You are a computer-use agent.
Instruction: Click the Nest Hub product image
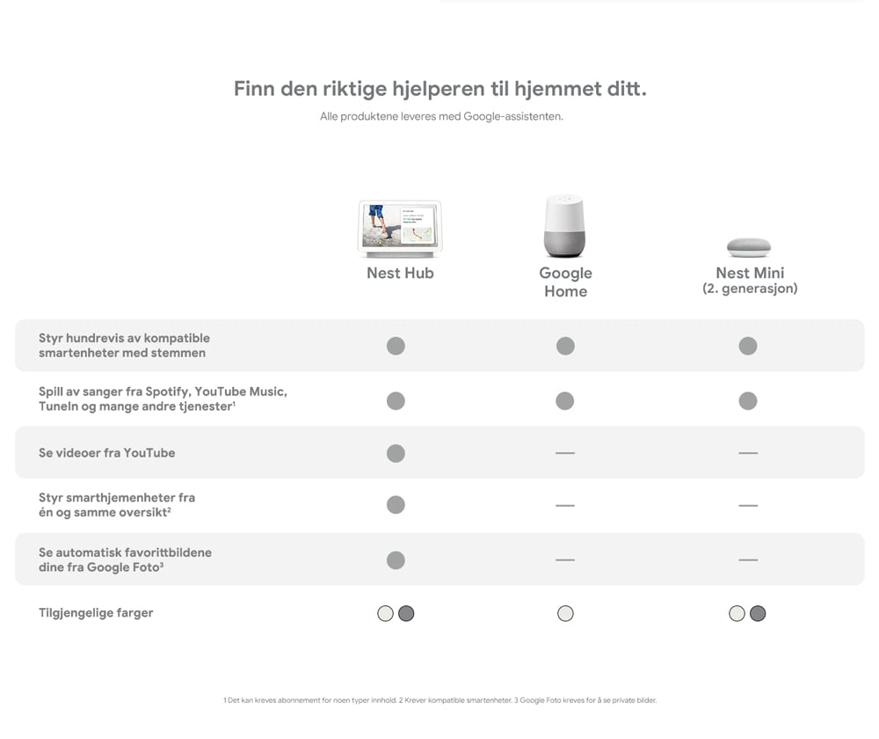pyautogui.click(x=400, y=229)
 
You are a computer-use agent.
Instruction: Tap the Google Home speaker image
pyautogui.click(x=564, y=226)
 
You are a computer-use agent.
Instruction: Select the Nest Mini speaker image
pyautogui.click(x=749, y=247)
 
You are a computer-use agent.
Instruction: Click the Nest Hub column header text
pyautogui.click(x=400, y=274)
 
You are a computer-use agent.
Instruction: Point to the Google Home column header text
pyautogui.click(x=565, y=282)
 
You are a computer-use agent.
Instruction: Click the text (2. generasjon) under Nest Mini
pyautogui.click(x=750, y=289)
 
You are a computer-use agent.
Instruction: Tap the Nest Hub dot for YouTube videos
pyautogui.click(x=396, y=453)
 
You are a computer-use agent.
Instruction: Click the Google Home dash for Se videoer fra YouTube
pyautogui.click(x=565, y=453)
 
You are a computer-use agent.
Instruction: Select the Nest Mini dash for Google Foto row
pyautogui.click(x=748, y=560)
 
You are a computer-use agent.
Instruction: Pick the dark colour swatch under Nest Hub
pyautogui.click(x=406, y=614)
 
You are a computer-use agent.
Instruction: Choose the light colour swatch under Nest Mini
pyautogui.click(x=737, y=614)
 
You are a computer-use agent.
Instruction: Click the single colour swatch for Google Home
pyautogui.click(x=565, y=614)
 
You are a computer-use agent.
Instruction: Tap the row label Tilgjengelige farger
pyautogui.click(x=96, y=613)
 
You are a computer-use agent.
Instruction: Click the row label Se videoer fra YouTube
pyautogui.click(x=107, y=453)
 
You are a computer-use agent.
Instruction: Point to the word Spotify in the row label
pyautogui.click(x=168, y=391)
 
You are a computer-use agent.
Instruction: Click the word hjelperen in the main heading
pyautogui.click(x=439, y=89)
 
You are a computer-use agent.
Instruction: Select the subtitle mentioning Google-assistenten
pyautogui.click(x=442, y=117)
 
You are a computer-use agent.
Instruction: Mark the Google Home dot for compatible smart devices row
pyautogui.click(x=565, y=347)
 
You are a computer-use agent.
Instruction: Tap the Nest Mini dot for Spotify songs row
pyautogui.click(x=748, y=401)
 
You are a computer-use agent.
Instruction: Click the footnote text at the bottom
pyautogui.click(x=440, y=700)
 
